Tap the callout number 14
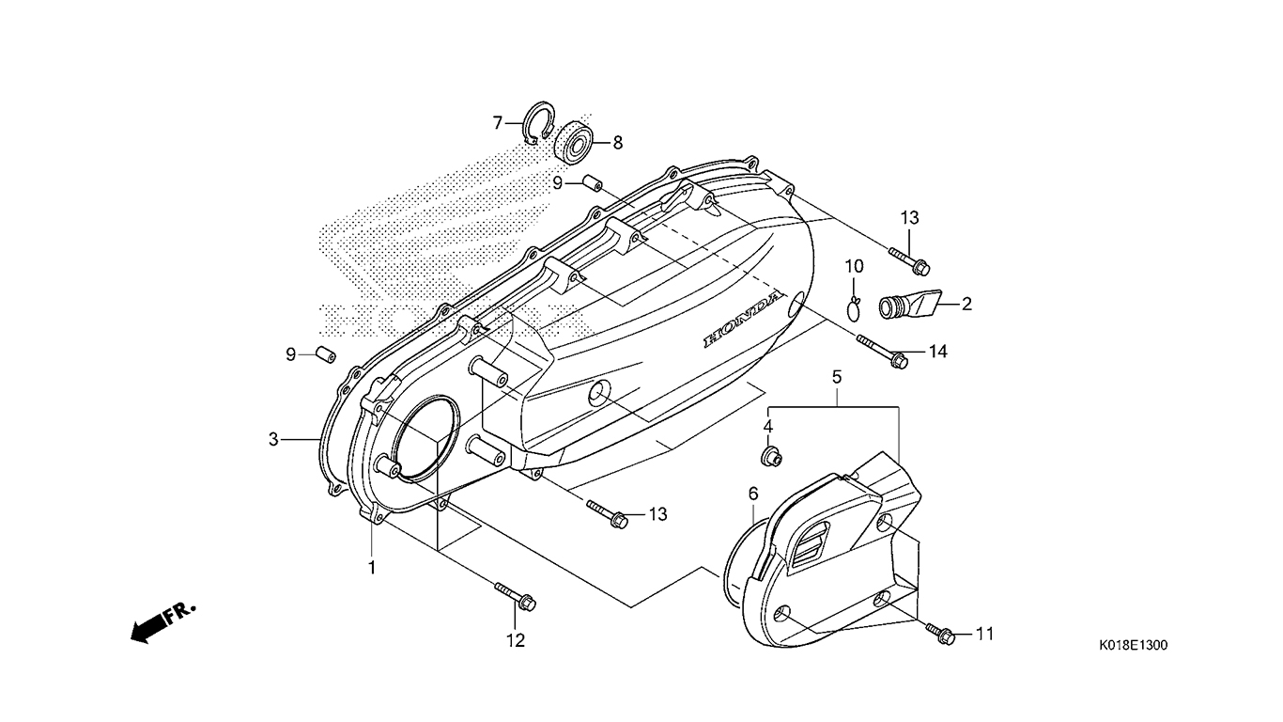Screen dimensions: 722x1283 (938, 352)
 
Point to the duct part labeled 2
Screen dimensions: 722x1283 (906, 305)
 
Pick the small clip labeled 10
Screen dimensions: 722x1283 (853, 306)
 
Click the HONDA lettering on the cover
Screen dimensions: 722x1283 (743, 322)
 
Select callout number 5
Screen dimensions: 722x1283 (836, 376)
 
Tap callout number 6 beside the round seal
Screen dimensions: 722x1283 (752, 493)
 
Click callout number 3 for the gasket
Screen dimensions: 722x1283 (273, 438)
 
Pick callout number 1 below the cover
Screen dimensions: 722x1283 (372, 568)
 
